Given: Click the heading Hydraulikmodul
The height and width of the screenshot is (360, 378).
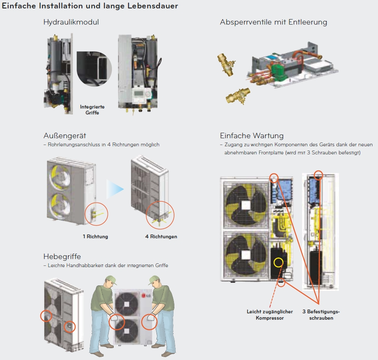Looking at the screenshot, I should pos(71,22).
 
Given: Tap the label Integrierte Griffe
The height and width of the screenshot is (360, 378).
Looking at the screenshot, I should pos(92,110).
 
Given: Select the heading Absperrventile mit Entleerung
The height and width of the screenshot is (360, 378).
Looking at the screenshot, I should pos(273,22).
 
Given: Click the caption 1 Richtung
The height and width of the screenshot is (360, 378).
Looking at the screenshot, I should pos(95,237).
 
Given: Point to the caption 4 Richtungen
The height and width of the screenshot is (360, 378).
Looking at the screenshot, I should pos(161,237).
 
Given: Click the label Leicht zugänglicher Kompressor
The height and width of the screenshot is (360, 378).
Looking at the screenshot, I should pos(269,315).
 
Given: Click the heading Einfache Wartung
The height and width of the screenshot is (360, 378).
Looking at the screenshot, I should pos(252,136).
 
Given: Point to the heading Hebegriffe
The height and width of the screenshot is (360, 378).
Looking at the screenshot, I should pos(62,257).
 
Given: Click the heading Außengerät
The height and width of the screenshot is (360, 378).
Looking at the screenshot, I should pos(64,136).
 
